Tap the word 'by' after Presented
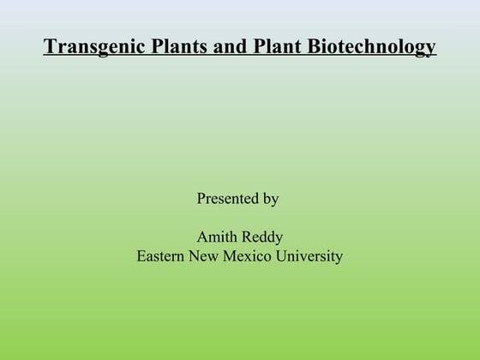(x=270, y=200)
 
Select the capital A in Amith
(x=202, y=237)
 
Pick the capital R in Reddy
(x=247, y=237)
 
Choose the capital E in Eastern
(x=141, y=255)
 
